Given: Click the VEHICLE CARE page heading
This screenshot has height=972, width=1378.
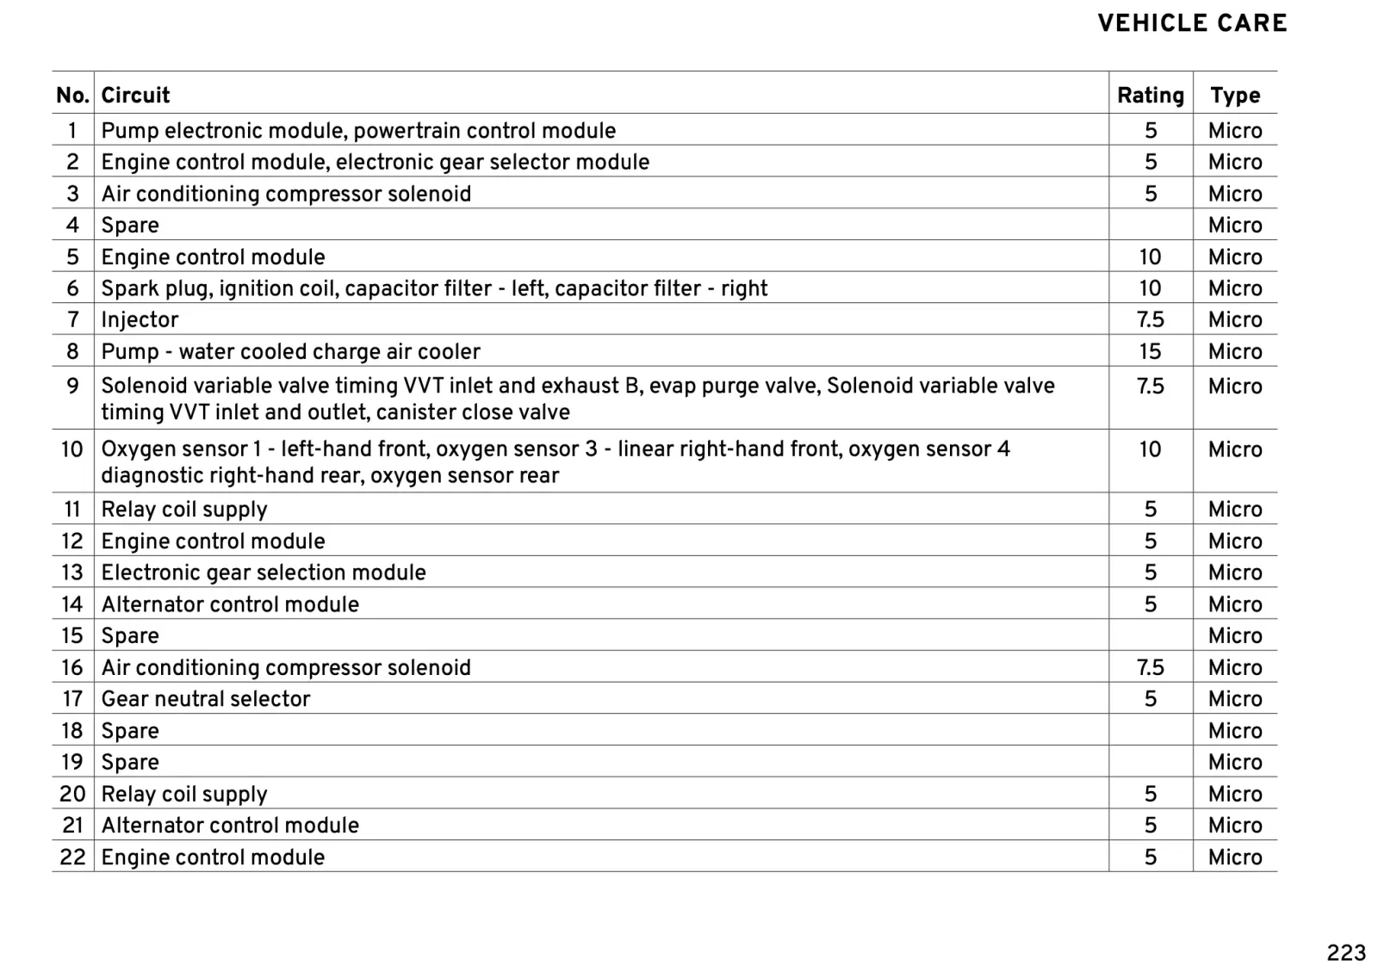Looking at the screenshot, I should [x=1192, y=24].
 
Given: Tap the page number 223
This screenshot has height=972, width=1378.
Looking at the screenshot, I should [x=1346, y=952].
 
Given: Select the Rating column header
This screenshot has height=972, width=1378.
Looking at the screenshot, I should [x=1150, y=95].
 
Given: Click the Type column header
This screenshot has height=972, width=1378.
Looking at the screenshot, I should [x=1234, y=95].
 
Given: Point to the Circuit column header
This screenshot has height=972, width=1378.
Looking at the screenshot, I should [x=135, y=95].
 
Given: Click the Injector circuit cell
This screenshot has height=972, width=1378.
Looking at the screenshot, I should [x=140, y=319].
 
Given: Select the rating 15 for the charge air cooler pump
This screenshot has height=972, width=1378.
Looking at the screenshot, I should [x=1150, y=351].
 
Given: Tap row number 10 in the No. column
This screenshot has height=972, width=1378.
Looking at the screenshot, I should [x=71, y=449].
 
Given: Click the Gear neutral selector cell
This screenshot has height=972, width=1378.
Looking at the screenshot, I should [x=205, y=698].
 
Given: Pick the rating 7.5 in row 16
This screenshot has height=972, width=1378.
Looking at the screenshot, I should [x=1150, y=667].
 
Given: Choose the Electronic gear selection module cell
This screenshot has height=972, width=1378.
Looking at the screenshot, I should [x=263, y=573].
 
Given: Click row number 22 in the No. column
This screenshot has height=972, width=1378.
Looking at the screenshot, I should [x=72, y=857].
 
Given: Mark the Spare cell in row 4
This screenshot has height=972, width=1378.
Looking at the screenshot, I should [x=130, y=225].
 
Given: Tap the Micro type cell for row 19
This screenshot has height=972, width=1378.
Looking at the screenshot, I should [x=1234, y=762].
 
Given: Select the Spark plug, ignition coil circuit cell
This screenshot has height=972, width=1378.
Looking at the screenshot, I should [x=434, y=288].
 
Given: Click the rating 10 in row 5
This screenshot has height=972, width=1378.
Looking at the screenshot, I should [x=1150, y=257].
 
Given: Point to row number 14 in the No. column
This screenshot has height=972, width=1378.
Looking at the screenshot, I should [x=71, y=604].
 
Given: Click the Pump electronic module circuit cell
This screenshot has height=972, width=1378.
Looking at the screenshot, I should [x=358, y=130].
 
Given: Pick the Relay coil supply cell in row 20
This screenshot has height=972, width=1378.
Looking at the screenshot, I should [x=184, y=794].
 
